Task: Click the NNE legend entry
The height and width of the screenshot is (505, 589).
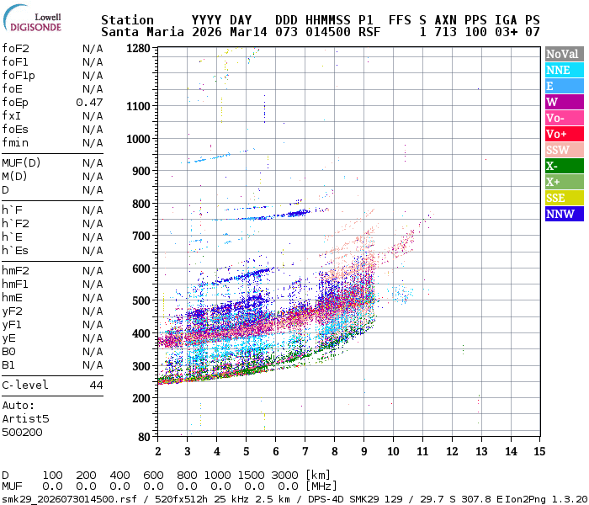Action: pos(564,70)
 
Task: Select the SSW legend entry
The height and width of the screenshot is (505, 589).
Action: pos(564,150)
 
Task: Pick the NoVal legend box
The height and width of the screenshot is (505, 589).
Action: pos(564,54)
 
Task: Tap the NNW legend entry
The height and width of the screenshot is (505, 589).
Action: pos(564,214)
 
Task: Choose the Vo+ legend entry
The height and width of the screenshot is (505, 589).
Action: pos(564,134)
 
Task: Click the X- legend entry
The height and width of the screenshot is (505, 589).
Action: pos(564,166)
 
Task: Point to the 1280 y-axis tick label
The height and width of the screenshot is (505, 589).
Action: pos(138,49)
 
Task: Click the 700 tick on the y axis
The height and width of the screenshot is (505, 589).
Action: pos(141,236)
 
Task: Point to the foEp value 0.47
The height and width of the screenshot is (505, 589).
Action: pos(89,102)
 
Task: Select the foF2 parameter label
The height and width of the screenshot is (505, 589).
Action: pos(15,48)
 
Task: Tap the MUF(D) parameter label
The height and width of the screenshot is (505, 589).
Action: pos(20,162)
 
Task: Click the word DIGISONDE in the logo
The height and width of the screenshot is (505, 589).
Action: pos(34,25)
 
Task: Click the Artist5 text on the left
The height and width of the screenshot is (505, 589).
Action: pos(25,418)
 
